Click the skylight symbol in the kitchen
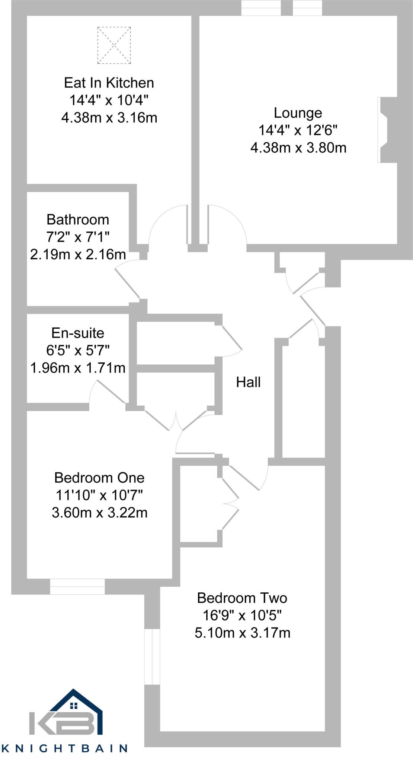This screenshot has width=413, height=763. click(114, 45)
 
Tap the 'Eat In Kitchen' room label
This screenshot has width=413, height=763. click(109, 82)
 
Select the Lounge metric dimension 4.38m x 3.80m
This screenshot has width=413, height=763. click(298, 148)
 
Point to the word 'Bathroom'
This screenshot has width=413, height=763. click(78, 219)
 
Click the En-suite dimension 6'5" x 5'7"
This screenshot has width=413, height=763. click(78, 350)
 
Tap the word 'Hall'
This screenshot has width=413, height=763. click(248, 382)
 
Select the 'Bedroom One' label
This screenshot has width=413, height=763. click(99, 477)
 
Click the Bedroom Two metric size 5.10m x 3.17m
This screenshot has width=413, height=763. click(242, 633)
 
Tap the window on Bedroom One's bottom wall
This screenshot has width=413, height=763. click(77, 586)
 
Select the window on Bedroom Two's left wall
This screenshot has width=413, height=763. click(152, 656)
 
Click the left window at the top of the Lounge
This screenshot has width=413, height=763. click(261, 8)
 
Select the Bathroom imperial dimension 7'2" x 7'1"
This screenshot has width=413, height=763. click(78, 237)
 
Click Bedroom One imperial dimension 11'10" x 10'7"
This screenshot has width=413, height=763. click(99, 495)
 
